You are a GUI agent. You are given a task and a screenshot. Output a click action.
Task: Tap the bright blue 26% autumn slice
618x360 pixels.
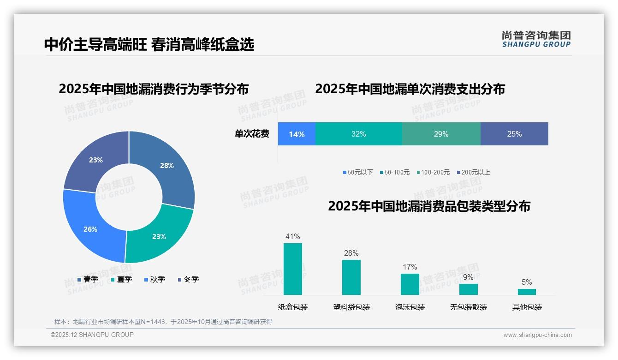coord(90,229)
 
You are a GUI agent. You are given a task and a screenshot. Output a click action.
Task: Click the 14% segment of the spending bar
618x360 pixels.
coord(297,134)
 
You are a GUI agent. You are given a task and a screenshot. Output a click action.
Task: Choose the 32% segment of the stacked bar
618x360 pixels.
coord(358,134)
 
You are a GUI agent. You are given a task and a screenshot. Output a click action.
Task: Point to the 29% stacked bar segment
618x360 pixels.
coord(441,134)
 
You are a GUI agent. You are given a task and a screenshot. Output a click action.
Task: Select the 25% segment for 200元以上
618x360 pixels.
coord(514,134)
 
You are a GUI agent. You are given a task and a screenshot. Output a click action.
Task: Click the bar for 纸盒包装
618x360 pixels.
coord(292,269)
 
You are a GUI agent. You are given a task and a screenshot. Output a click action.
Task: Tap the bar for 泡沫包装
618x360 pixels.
coord(410,284)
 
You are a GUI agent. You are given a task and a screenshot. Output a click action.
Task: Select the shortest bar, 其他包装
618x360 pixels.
coord(527,292)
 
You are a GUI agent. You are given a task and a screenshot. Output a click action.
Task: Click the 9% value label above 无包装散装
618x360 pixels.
coord(468,277)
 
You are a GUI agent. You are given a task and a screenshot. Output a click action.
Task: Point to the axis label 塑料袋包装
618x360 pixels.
coord(351,307)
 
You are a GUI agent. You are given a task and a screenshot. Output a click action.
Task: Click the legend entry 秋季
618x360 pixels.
coord(155,280)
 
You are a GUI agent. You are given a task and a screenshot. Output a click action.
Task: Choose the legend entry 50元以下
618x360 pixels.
coord(358,173)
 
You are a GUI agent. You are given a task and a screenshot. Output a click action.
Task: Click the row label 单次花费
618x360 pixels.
coord(252,134)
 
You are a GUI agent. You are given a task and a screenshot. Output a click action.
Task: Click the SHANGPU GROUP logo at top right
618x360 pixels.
coord(536,39)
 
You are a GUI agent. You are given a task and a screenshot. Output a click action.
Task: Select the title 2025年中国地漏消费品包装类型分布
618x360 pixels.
coord(429,206)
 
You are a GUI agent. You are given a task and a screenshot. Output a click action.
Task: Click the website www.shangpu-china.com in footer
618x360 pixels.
coord(537,335)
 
